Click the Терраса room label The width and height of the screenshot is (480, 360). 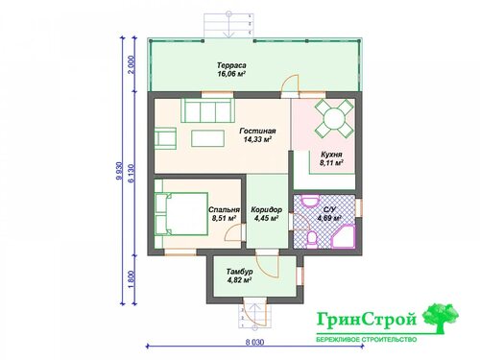coord(231,65)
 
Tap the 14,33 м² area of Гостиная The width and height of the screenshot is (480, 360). coord(257,139)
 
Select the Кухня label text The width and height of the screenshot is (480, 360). coord(331,155)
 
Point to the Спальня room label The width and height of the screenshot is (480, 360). coord(224,209)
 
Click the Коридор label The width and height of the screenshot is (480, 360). coord(266,209)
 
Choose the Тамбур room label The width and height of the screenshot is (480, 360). coord(240,272)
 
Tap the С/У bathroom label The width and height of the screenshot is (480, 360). coord(329,210)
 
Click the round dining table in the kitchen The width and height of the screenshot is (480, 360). coord(334,118)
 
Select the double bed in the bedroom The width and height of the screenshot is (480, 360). coord(181,214)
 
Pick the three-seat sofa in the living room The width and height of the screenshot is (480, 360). coord(208,110)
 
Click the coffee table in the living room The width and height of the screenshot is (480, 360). coord(207,138)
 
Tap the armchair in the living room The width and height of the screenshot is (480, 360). coord(166,138)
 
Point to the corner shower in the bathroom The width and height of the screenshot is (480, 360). coord(344,236)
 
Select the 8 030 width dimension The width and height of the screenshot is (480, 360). coord(255,342)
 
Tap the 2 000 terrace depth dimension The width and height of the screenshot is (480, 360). coord(132,64)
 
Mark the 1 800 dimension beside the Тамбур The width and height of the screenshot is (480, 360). coord(132,279)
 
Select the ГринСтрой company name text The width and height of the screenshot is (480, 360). coord(367,320)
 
